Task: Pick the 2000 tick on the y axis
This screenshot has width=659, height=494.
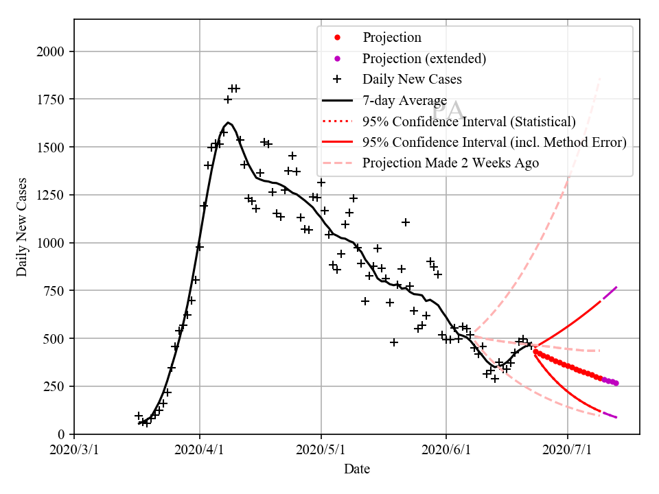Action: click(51, 51)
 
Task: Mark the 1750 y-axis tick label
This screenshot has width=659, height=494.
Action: click(51, 99)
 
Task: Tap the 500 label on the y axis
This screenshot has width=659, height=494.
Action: click(55, 339)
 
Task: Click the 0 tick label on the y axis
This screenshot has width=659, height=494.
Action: click(62, 434)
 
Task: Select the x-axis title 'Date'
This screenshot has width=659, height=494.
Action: click(357, 470)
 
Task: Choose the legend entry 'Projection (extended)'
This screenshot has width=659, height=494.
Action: click(424, 58)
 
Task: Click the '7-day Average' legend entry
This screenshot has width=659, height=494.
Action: click(404, 101)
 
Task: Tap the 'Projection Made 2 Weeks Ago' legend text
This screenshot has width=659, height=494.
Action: click(450, 163)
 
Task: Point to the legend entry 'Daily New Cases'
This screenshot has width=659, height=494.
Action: click(412, 79)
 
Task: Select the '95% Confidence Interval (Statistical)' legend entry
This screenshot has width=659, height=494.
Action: click(469, 121)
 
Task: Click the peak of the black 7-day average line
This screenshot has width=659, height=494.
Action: click(229, 123)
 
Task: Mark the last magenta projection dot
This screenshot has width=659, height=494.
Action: click(616, 384)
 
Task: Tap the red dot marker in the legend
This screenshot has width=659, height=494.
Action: click(337, 37)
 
